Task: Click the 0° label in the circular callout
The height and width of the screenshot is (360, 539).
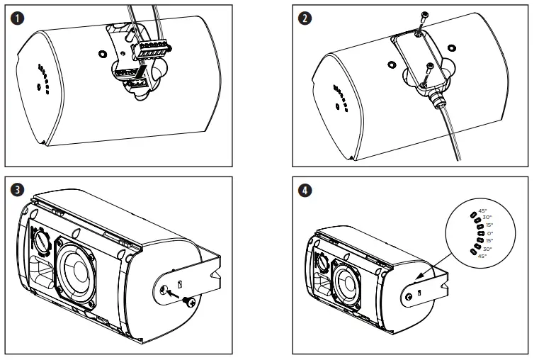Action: coord(489,233)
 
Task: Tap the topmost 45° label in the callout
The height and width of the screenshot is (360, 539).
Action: coord(483,210)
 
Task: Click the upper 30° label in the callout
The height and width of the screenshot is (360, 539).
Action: coord(487,218)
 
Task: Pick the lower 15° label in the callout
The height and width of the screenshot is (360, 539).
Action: coord(489,241)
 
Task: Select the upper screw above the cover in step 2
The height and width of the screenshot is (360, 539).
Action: coord(423,16)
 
